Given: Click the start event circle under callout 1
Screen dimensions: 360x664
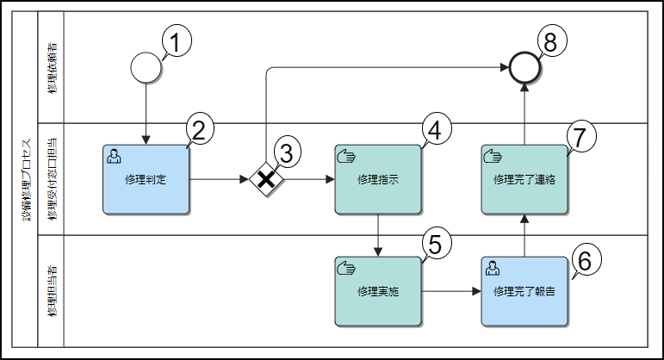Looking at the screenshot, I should click(146, 67).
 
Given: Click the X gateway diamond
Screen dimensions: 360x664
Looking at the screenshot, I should click(267, 179).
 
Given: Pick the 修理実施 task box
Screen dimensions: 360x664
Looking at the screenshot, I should click(378, 291).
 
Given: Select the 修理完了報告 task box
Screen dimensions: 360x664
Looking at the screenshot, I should click(524, 291).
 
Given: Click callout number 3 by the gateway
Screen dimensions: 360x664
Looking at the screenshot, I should click(287, 153).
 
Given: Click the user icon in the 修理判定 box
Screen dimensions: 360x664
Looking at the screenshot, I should click(113, 155).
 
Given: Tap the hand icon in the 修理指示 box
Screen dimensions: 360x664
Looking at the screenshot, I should click(345, 155).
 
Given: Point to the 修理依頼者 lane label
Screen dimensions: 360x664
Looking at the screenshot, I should click(53, 67).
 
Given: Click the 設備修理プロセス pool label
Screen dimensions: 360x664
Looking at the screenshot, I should click(25, 179).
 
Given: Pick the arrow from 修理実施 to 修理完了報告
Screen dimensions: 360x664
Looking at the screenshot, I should click(451, 291).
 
